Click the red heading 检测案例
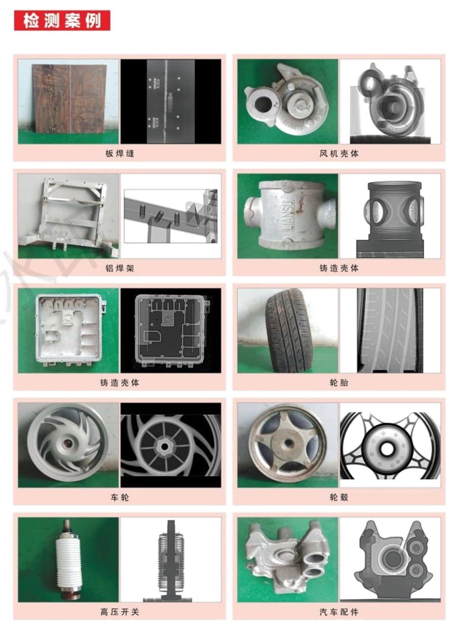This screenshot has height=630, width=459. tap(62, 20)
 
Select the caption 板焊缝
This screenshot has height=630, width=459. tap(120, 154)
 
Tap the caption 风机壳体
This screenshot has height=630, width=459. tap(339, 154)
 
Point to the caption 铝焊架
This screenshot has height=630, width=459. tap(120, 268)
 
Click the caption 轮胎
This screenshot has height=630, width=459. tap(339, 383)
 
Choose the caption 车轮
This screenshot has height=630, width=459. tap(120, 497)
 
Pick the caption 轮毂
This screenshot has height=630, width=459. tap(339, 497)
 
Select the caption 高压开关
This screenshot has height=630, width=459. tap(120, 612)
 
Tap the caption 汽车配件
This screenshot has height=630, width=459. tap(339, 612)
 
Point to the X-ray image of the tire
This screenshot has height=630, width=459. tap(390, 330)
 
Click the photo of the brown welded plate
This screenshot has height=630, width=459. tap(69, 101)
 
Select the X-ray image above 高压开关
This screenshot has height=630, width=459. tap(171, 560)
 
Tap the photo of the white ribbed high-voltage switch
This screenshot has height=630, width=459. tap(69, 560)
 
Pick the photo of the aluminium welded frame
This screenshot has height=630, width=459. tap(69, 216)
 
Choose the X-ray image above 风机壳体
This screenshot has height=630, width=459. tap(390, 102)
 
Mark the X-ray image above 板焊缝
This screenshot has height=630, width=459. tap(171, 101)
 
